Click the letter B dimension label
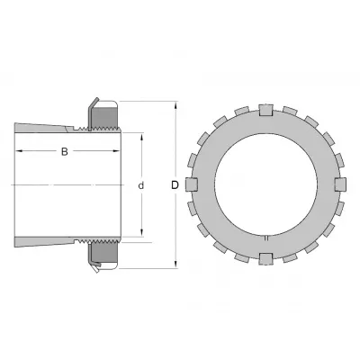[65, 151]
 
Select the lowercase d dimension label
[141, 185]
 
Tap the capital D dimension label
[175, 185]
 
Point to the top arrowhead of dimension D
[176, 105]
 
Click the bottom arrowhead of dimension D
[176, 265]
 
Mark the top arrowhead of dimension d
[142, 137]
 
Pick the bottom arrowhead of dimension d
[142, 233]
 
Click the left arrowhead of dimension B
[20, 150]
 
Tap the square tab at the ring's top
[266, 110]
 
